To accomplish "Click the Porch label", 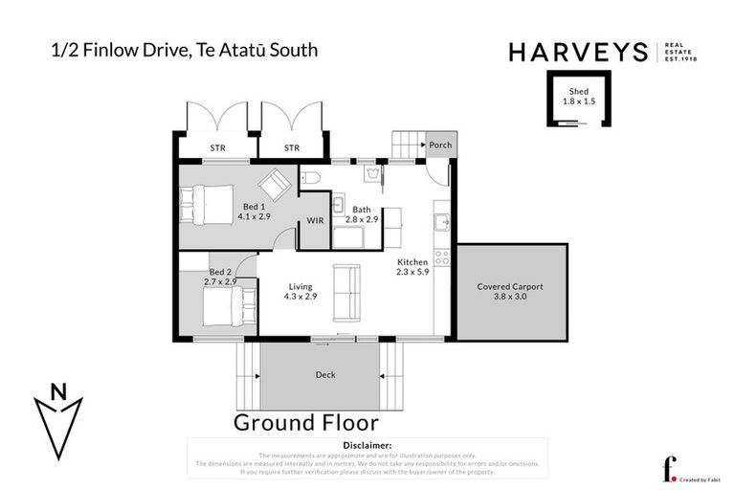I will click(x=440, y=145).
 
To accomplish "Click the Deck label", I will click(x=325, y=375).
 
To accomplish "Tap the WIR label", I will click(x=315, y=221).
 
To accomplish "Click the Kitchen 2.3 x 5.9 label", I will click(x=412, y=267).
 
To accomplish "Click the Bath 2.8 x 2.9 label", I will click(x=362, y=214).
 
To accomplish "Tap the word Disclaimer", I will click(x=367, y=445).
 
